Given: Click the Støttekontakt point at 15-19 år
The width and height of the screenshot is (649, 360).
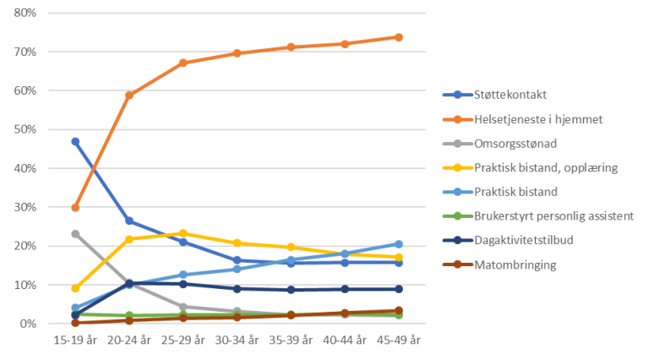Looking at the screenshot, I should [76, 141].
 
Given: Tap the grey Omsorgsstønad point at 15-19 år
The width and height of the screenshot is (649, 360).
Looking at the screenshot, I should [76, 233].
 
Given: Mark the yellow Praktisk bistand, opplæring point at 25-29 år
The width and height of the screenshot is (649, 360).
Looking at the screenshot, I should [183, 233].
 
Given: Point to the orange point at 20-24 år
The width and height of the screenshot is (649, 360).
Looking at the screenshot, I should [129, 95].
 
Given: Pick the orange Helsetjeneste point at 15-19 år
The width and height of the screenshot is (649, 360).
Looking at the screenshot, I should [76, 207].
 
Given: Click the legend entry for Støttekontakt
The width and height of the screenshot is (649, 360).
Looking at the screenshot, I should [511, 95].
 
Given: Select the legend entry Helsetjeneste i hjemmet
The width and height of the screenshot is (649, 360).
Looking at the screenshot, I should [537, 119].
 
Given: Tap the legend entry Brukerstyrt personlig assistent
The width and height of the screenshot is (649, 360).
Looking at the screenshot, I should [554, 216].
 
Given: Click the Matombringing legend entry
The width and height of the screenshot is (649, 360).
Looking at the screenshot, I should [515, 265].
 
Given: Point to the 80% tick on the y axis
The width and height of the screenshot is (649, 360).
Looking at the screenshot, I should [25, 14].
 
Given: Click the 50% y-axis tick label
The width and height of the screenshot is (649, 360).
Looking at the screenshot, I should [25, 129].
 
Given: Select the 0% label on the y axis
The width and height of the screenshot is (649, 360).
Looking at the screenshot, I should [27, 324].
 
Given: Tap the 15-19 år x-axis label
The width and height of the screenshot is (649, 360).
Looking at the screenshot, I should [76, 340].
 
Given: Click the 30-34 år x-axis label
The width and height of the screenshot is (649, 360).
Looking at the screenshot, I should [237, 340].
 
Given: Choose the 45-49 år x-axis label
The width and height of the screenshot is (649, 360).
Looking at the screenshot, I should [399, 340].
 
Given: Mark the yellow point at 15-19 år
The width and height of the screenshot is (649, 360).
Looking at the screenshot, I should [76, 288].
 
